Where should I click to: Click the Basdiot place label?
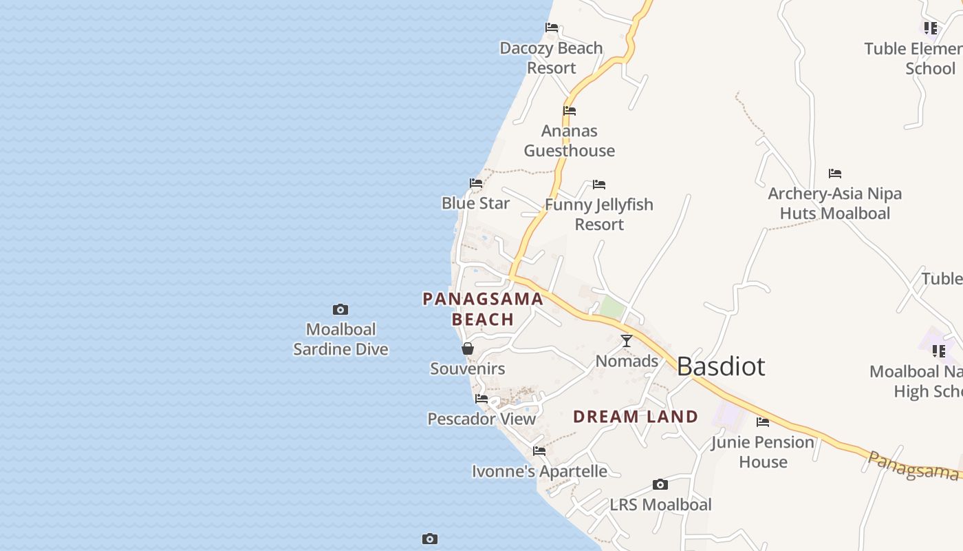point(720,366)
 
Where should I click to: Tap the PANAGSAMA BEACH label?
point(483,309)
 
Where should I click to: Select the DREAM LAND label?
point(636,417)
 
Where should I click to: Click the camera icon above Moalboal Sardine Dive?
point(340,310)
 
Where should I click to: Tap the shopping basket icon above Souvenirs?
point(468,349)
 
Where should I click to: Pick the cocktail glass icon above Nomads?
point(627,341)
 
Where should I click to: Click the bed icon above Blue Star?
point(476,183)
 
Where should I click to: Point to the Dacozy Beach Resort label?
point(551,58)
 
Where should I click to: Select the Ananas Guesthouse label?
point(569,141)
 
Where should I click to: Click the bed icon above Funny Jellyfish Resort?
point(599,185)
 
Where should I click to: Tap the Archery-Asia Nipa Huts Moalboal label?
point(834,203)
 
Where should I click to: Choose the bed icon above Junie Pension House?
point(763,422)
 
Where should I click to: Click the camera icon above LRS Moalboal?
point(660,485)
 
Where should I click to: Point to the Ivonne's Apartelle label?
point(539,472)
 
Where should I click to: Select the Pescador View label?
point(481,419)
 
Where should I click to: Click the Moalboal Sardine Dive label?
point(340,339)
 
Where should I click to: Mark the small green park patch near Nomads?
point(612,308)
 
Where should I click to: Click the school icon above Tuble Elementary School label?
point(931,28)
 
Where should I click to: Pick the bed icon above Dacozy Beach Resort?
point(552,28)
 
